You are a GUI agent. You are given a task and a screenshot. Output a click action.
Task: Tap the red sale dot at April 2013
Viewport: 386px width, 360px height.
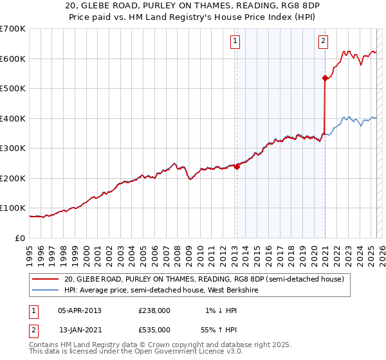click(237, 166)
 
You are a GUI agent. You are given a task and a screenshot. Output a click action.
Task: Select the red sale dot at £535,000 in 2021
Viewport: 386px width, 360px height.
click(325, 78)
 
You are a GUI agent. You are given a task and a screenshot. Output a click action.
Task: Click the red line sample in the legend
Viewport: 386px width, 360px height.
click(45, 279)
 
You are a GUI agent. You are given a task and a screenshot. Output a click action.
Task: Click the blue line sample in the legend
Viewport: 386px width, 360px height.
click(45, 290)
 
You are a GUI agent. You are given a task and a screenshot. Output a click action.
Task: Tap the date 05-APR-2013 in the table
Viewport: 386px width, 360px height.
click(79, 310)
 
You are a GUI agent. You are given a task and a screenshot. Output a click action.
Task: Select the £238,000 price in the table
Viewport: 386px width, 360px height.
click(154, 310)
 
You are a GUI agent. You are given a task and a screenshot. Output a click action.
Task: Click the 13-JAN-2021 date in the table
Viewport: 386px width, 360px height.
click(79, 329)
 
